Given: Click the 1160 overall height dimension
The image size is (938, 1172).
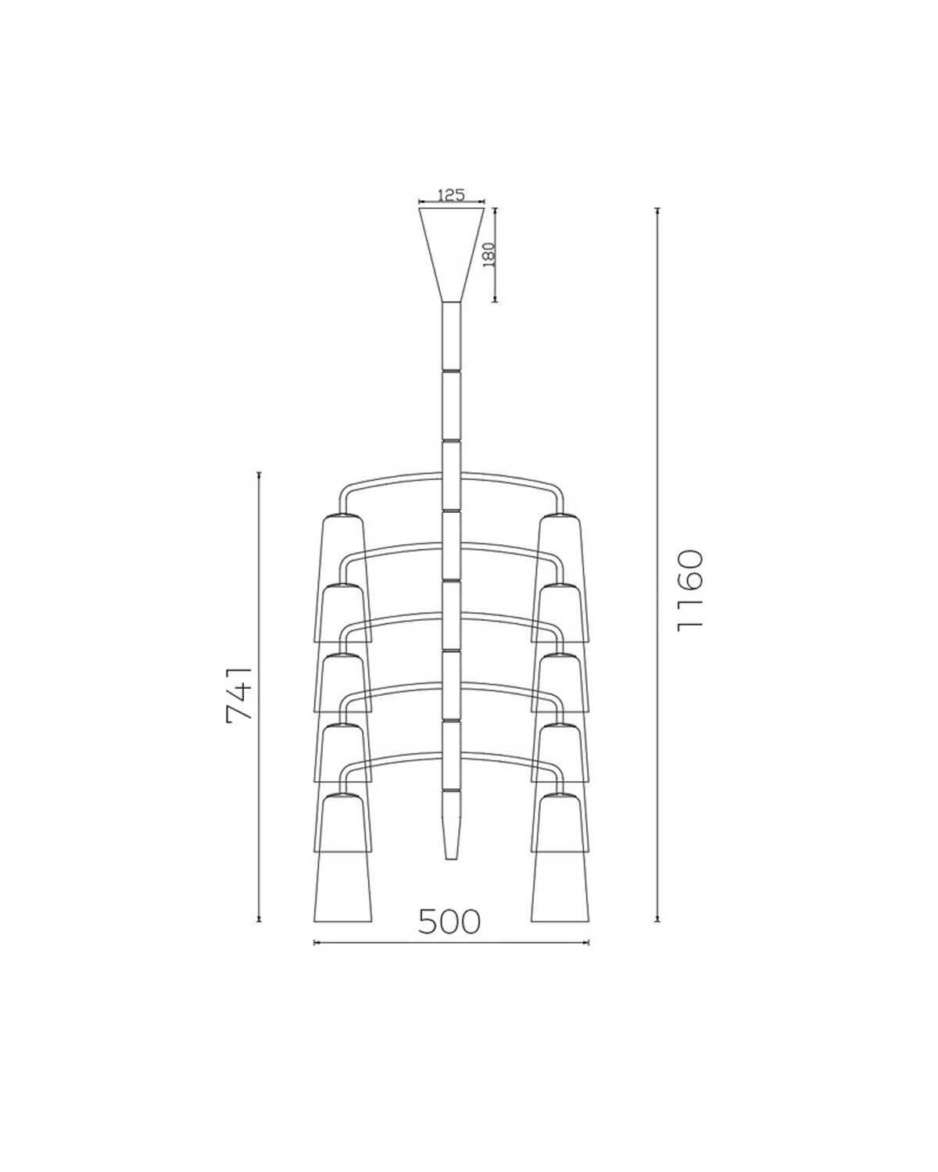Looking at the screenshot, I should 691,590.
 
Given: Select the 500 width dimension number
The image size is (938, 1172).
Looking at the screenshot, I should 449,922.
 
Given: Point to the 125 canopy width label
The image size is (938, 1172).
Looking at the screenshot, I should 451,195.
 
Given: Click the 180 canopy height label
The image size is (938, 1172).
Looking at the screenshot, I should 489,255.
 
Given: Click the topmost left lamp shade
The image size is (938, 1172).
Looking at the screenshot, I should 343,547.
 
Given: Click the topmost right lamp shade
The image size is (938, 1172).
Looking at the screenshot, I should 560,547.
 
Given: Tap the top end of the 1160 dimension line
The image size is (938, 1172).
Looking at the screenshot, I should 657,210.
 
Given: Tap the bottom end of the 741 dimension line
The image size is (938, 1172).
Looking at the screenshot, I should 259,922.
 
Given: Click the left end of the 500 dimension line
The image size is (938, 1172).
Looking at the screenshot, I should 314,943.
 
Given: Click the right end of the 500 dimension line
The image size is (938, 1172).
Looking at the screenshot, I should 588,943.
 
